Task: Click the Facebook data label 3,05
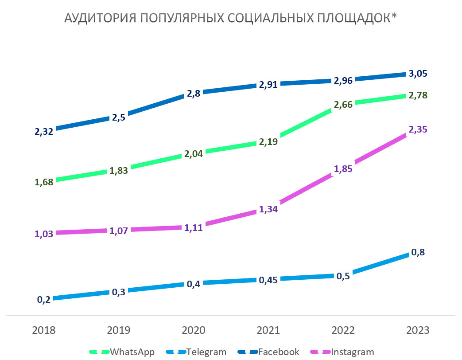(418, 74)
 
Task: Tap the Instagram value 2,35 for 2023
(418, 130)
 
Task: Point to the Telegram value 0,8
(418, 252)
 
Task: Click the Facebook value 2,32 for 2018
(44, 131)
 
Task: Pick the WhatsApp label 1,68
(44, 182)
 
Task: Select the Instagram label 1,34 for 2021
(268, 209)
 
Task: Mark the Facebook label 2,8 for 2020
(194, 94)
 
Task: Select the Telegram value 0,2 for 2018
(44, 300)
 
